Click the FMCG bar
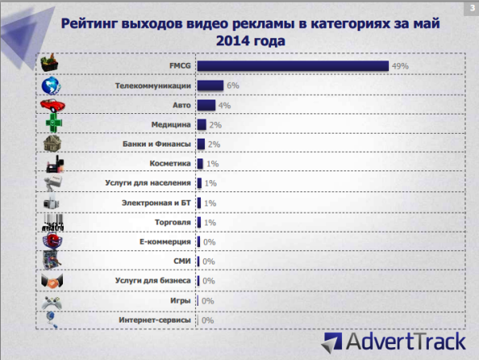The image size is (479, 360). (293, 65)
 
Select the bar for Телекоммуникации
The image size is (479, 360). (210, 85)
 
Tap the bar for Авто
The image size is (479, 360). (206, 104)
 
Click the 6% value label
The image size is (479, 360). (233, 85)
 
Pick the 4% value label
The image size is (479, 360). (224, 105)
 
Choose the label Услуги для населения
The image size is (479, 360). (147, 183)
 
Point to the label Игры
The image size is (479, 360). (180, 300)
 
